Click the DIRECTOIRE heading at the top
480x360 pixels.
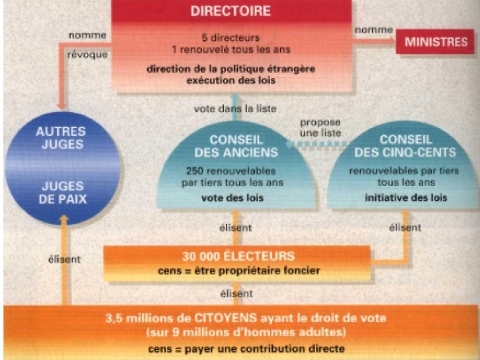pos(231,11)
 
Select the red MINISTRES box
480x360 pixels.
pos(436,41)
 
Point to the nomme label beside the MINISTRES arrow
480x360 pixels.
pos(373,30)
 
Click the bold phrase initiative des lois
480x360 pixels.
pos(405,198)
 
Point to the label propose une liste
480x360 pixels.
pos(320,128)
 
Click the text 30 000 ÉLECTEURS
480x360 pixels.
pos(238,256)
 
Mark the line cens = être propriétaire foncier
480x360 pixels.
pos(238,271)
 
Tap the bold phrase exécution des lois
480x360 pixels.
pos(231,80)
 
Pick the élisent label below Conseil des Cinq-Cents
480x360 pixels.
pos(405,227)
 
